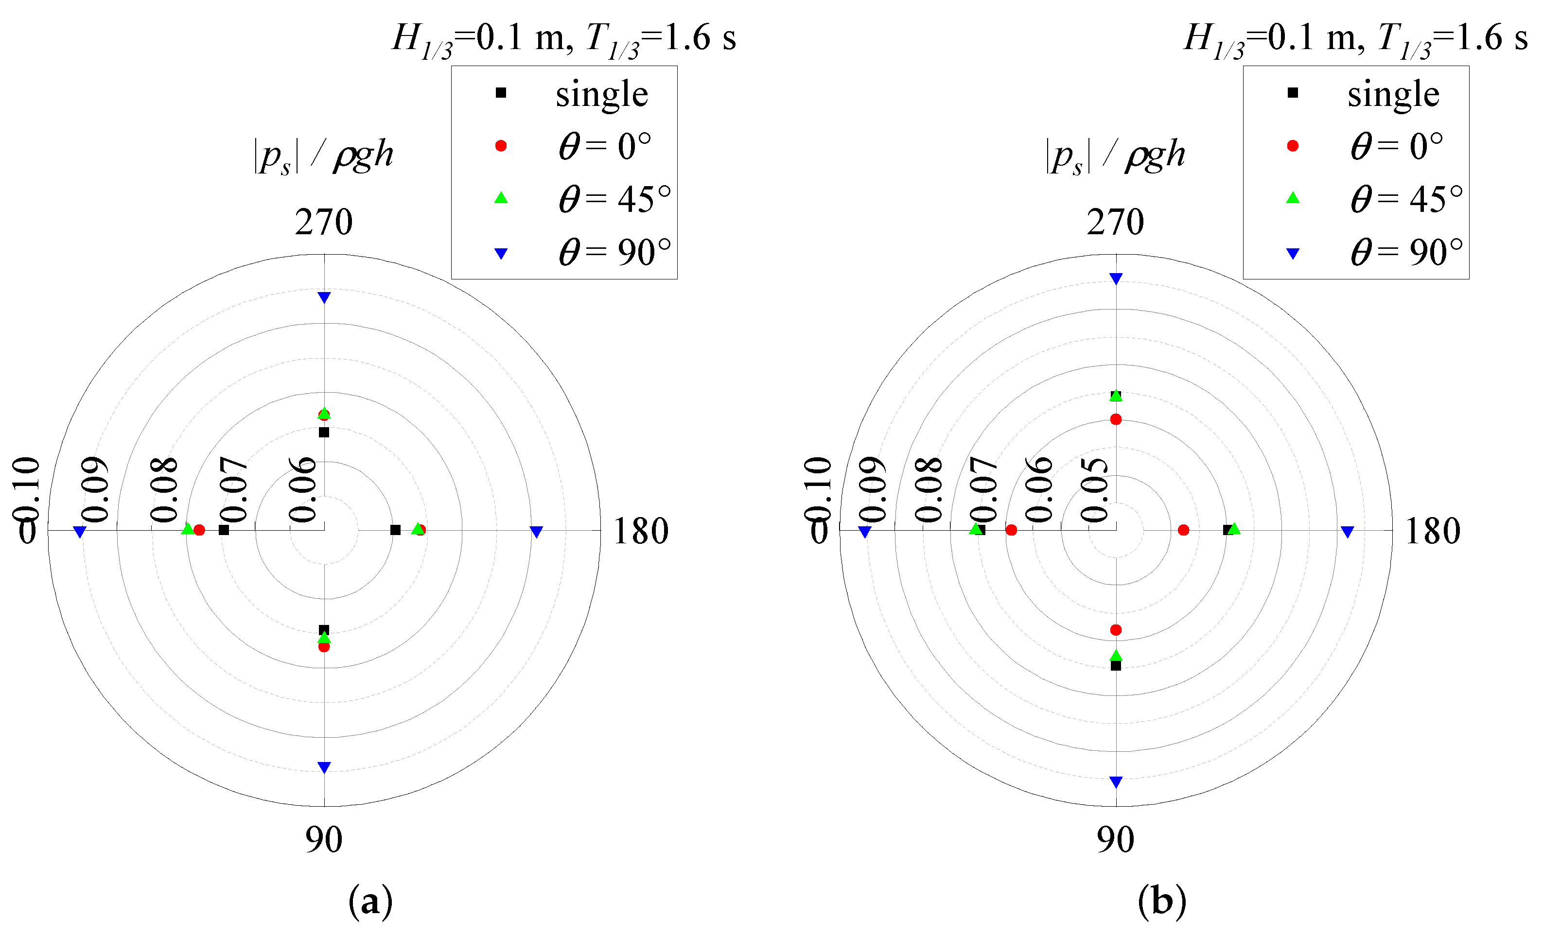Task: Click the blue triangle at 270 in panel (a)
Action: tap(324, 297)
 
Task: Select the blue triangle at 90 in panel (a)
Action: tap(324, 767)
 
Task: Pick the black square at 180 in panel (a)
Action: tap(395, 530)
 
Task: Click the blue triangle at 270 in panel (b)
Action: tap(1116, 278)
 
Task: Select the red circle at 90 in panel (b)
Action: tap(1116, 630)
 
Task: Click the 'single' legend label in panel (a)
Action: tap(602, 94)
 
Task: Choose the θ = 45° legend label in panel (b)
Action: tap(1406, 200)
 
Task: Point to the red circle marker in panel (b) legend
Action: tap(1293, 146)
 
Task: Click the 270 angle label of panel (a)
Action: tap(324, 222)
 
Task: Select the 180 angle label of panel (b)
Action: tap(1433, 531)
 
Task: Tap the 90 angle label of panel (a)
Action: tap(324, 839)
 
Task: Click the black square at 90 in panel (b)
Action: tap(1116, 665)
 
